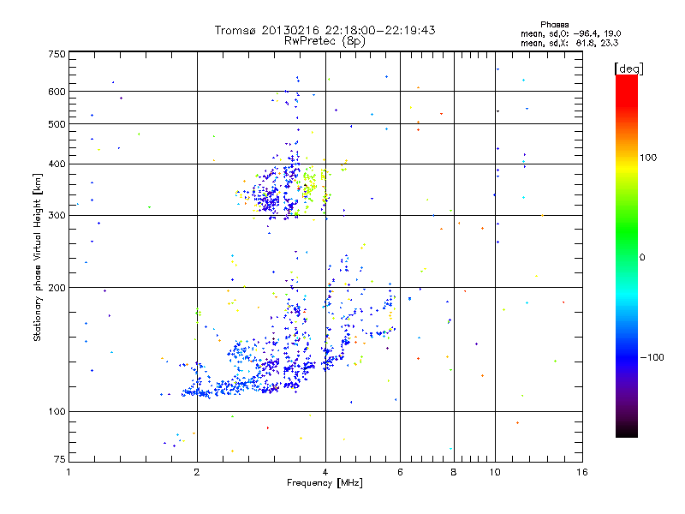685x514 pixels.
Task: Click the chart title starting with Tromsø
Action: click(325, 30)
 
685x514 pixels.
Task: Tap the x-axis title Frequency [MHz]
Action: click(325, 483)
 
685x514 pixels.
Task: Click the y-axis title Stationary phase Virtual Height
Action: click(38, 257)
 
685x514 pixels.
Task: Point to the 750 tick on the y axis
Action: click(57, 54)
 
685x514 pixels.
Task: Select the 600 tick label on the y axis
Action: click(57, 92)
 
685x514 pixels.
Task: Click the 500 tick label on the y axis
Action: click(57, 124)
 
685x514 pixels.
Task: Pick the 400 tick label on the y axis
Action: click(57, 164)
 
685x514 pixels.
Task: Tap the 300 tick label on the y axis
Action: click(57, 215)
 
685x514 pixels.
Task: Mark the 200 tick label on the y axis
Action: click(57, 288)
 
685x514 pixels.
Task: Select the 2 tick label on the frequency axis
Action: click(197, 472)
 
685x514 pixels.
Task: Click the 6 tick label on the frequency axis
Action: click(400, 472)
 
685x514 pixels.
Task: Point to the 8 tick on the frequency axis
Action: click(454, 472)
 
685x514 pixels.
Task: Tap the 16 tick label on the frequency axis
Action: click(582, 472)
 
